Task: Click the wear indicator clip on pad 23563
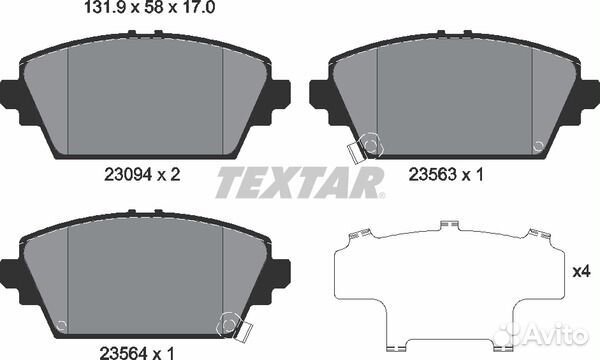click(x=356, y=151)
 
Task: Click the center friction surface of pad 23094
click(x=146, y=95)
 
